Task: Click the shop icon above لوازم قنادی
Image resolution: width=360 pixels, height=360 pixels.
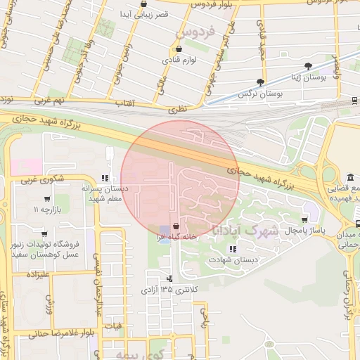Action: pos(178,49)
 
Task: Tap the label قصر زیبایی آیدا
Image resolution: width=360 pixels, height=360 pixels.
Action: pos(145,13)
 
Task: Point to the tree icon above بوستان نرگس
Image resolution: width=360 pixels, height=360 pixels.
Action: pos(261,82)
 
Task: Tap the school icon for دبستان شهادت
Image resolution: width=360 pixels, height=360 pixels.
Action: pos(233,249)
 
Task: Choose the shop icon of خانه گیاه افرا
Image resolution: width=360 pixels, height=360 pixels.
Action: pos(175,228)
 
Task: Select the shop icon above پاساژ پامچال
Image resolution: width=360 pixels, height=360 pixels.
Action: pos(304,219)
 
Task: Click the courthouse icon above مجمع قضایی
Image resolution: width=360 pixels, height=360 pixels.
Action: pos(330,189)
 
